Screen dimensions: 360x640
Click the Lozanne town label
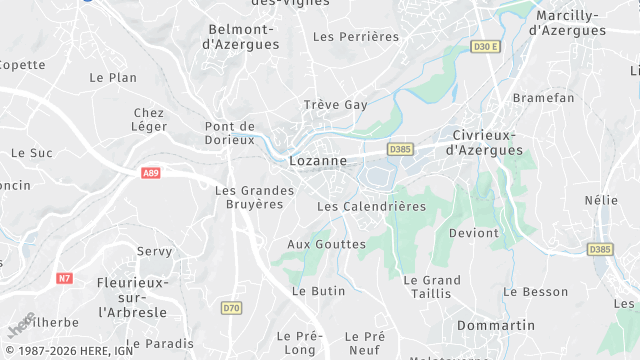pyautogui.click(x=317, y=160)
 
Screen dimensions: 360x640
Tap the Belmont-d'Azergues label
pyautogui.click(x=245, y=36)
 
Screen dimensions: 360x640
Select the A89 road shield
pyautogui.click(x=151, y=173)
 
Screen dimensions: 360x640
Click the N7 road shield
pyautogui.click(x=65, y=278)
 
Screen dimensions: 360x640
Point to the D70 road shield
pyautogui.click(x=232, y=308)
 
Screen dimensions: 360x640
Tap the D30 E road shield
pyautogui.click(x=485, y=46)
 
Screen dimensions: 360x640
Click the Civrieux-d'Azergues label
pyautogui.click(x=487, y=142)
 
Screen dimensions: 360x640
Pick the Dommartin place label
pyautogui.click(x=496, y=326)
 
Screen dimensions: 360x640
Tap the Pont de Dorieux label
pyautogui.click(x=229, y=133)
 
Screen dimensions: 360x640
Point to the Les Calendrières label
pyautogui.click(x=371, y=206)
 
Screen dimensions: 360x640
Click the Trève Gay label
pyautogui.click(x=336, y=105)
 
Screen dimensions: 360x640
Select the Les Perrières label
pyautogui.click(x=356, y=37)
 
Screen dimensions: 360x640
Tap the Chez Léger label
pyautogui.click(x=148, y=120)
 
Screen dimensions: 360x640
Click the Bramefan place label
pyautogui.click(x=543, y=98)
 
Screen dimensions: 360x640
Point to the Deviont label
pyautogui.click(x=474, y=233)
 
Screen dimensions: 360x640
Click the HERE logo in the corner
pyautogui.click(x=21, y=326)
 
